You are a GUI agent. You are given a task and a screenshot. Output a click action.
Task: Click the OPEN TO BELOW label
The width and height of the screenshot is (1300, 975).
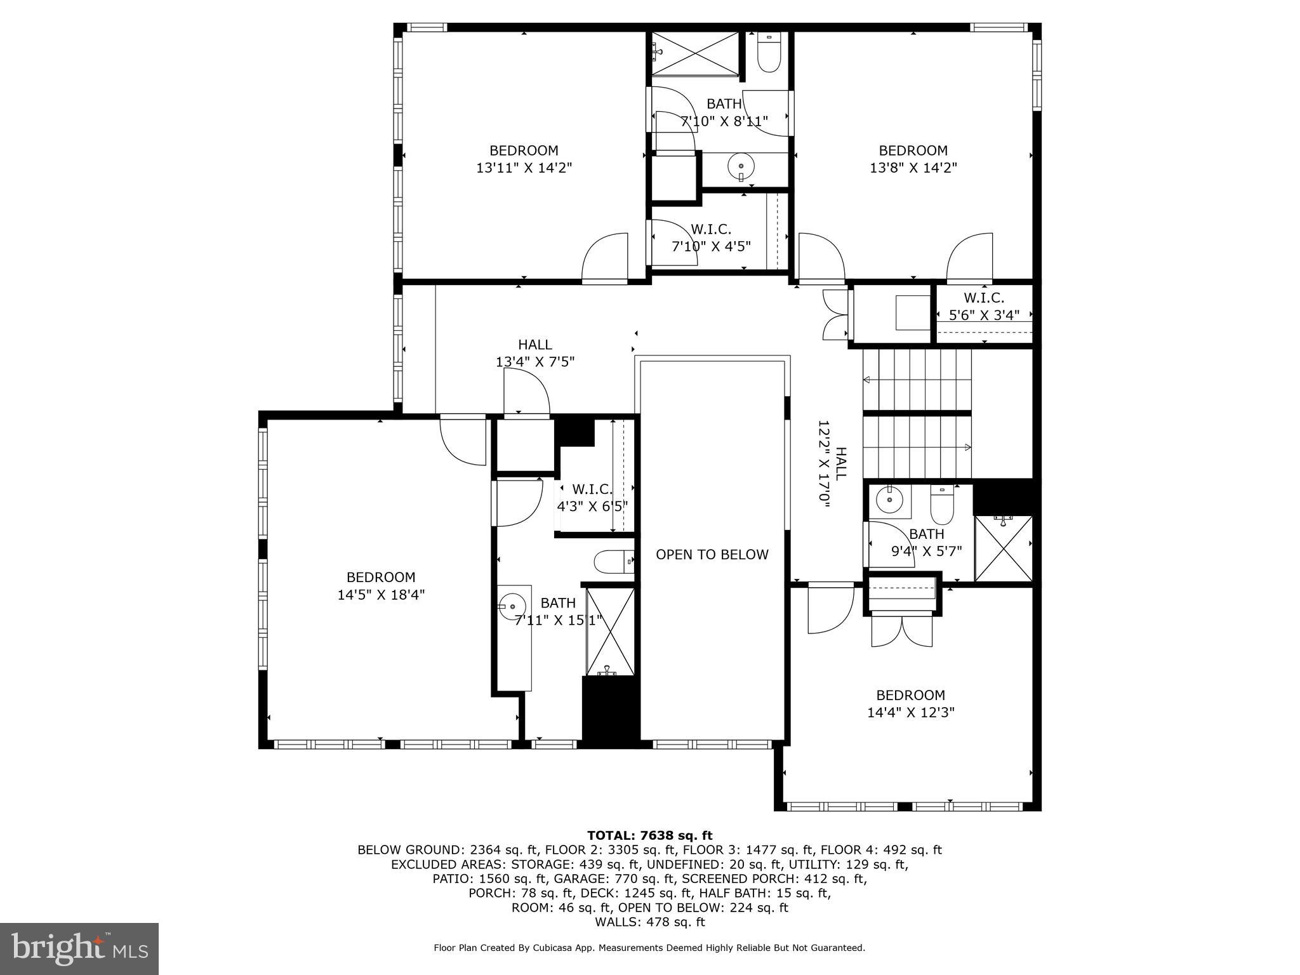pos(712,555)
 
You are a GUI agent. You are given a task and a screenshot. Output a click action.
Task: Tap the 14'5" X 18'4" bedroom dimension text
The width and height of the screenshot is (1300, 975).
pos(381,595)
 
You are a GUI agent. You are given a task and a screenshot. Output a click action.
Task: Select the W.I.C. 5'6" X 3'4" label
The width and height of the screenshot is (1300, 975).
pos(984,306)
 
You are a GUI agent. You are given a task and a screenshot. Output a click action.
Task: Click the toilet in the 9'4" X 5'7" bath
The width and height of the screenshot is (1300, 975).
pos(942,504)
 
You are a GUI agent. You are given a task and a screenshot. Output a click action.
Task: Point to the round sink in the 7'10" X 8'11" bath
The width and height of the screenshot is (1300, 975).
pos(741,167)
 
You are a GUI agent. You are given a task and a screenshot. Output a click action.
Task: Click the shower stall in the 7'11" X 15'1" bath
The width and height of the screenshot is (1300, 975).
pos(609,631)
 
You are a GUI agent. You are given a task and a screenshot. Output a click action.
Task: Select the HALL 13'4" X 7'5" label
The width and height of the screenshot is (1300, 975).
pos(535,353)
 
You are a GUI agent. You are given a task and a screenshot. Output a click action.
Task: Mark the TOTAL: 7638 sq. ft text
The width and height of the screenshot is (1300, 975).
pos(649,835)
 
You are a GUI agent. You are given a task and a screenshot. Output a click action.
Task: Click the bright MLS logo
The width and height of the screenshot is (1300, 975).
pos(79,948)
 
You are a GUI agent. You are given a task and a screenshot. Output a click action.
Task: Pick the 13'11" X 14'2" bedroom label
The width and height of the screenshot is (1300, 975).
pos(524,159)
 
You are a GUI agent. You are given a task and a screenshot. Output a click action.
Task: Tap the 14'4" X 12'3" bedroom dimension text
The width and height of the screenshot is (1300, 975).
pos(910,712)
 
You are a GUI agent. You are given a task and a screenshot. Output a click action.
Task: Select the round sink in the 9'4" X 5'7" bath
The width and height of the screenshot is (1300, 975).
pos(889,500)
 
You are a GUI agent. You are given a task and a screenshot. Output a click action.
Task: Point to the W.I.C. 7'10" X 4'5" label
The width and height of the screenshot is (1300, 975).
pos(711,237)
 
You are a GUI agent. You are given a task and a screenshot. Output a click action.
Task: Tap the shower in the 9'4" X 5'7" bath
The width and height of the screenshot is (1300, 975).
pos(1003,548)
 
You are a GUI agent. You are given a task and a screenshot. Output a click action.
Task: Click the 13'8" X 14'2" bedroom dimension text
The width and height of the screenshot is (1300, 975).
pos(913,168)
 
